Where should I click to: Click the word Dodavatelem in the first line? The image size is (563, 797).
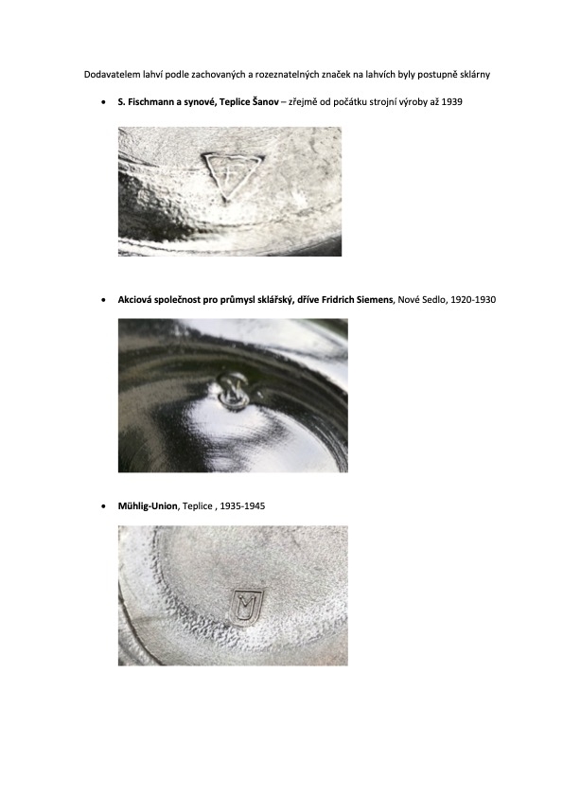[106, 74]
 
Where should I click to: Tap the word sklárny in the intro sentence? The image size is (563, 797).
[475, 75]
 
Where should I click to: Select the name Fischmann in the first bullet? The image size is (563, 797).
[151, 101]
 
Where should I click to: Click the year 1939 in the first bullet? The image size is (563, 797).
[451, 101]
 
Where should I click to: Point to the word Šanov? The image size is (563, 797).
[265, 101]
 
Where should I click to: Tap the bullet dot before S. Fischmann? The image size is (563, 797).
[104, 102]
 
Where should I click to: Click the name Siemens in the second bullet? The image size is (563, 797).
[375, 300]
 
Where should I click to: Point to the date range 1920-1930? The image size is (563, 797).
[473, 300]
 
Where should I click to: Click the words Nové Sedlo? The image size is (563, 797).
[422, 300]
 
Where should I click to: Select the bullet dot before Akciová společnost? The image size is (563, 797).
[104, 300]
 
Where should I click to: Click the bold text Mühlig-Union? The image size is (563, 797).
[148, 506]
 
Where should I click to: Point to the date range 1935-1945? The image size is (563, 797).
[242, 506]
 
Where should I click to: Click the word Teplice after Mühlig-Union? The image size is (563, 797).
[197, 506]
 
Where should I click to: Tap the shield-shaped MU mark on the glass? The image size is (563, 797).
[246, 607]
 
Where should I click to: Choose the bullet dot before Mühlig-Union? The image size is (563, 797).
[104, 506]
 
